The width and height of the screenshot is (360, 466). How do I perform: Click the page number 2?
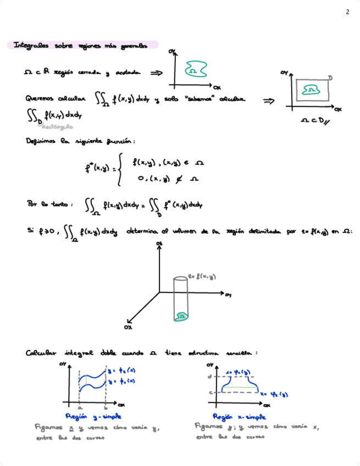(347, 12)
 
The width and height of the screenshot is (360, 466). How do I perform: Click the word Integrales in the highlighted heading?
(31, 46)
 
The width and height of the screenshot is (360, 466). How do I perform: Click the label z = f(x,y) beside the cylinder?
(203, 276)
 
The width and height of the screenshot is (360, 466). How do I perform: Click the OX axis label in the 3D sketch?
(128, 328)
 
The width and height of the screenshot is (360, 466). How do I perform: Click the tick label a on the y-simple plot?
(80, 409)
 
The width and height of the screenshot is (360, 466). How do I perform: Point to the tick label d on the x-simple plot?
(210, 376)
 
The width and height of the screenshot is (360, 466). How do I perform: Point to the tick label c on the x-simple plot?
(210, 392)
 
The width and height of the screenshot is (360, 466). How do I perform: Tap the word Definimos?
(40, 141)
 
